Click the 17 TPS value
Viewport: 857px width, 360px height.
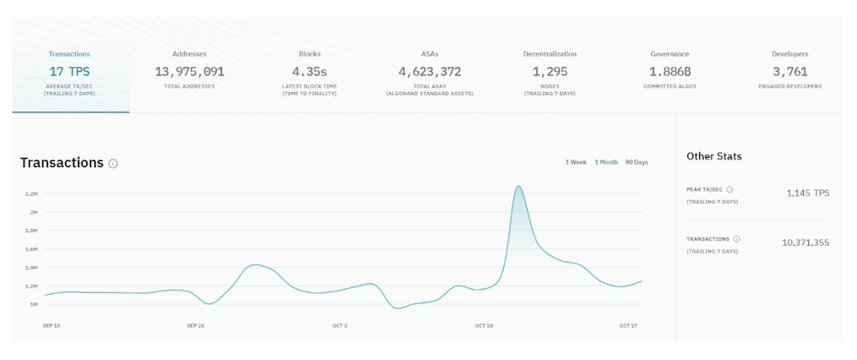(x=69, y=71)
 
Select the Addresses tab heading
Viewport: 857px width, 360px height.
(x=189, y=54)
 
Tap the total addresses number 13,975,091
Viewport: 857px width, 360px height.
(x=189, y=71)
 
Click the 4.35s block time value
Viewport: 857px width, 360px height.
(x=309, y=71)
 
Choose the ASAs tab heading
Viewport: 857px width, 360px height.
(x=429, y=54)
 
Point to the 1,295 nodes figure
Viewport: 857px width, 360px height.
(x=550, y=71)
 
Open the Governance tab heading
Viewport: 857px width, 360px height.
(x=669, y=54)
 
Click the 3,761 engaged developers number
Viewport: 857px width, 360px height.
(x=790, y=71)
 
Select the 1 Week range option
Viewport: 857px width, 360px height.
(x=576, y=162)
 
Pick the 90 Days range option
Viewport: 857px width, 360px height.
(x=637, y=162)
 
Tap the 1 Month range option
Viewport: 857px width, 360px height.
(x=606, y=162)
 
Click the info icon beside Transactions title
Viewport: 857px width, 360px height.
(x=113, y=164)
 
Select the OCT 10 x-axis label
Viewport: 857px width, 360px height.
(x=484, y=326)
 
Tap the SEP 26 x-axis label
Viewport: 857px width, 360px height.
(x=195, y=326)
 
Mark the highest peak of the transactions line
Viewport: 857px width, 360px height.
(x=518, y=186)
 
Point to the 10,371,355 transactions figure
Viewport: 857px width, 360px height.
(x=806, y=243)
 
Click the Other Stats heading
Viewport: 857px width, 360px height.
(x=714, y=156)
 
